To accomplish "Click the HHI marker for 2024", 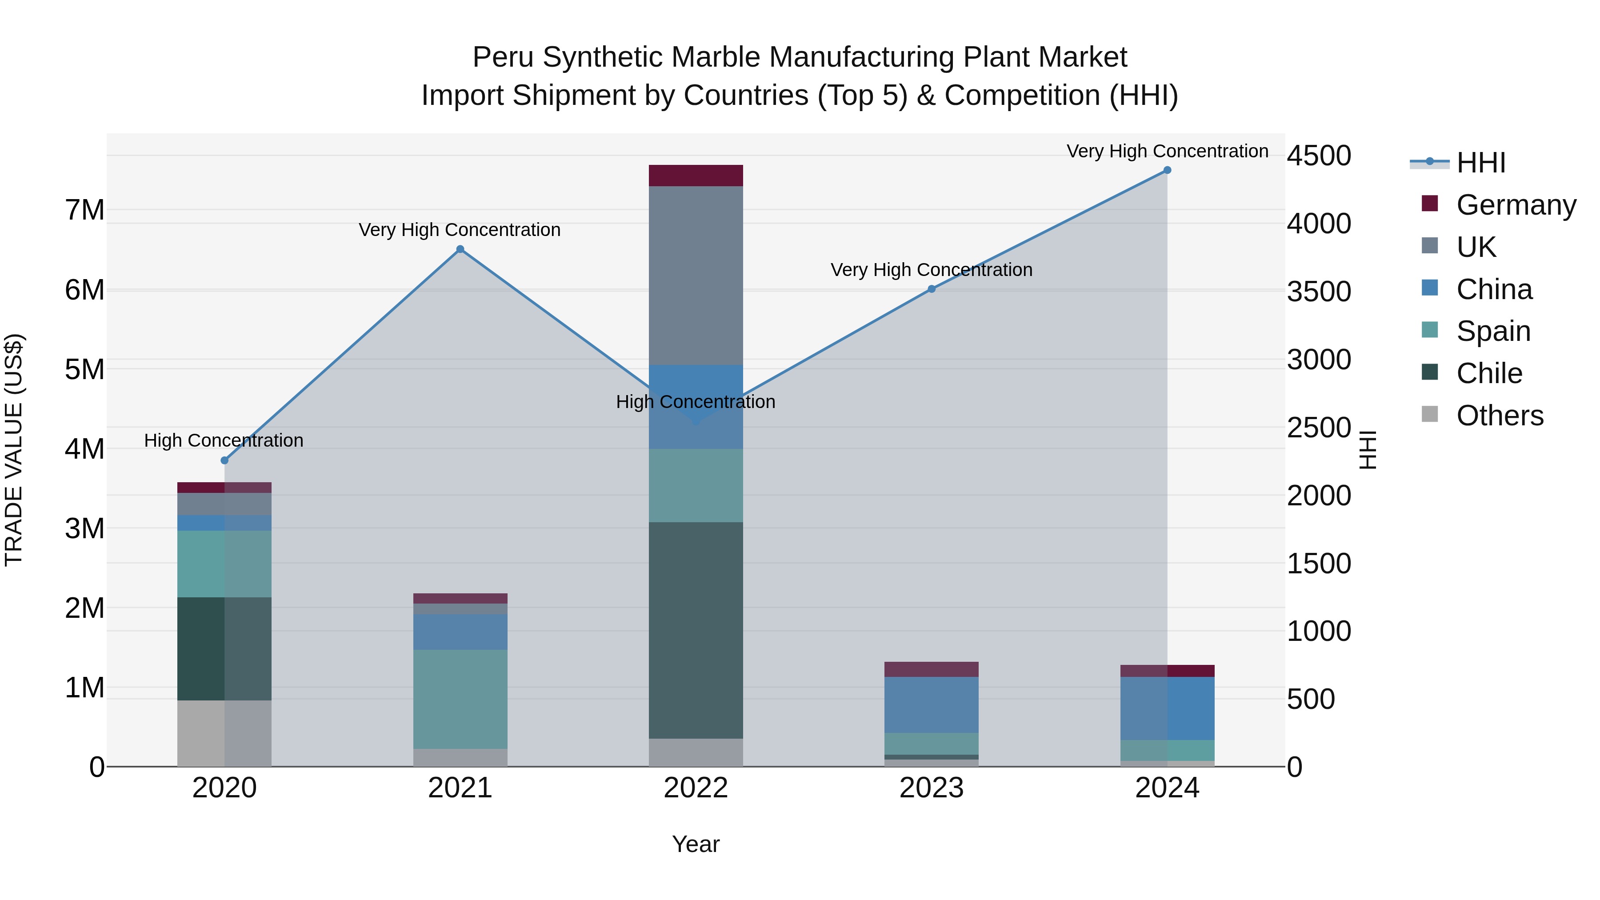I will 1167,170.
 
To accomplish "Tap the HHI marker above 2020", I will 225,460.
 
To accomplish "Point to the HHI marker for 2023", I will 932,289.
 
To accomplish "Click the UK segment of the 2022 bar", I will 696,275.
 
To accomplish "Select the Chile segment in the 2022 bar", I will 696,630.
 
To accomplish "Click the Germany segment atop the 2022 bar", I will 696,176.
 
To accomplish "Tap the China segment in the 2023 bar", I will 932,704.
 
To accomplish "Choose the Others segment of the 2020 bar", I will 224,733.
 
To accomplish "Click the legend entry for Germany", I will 1516,205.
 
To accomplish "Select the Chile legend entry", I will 1489,373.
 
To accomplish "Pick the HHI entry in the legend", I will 1480,163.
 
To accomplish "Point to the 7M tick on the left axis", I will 84,210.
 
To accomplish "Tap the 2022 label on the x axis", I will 696,788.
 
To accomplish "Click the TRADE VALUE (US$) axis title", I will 14,450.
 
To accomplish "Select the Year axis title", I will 696,844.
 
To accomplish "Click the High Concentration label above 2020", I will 224,440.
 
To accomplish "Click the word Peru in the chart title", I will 504,57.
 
